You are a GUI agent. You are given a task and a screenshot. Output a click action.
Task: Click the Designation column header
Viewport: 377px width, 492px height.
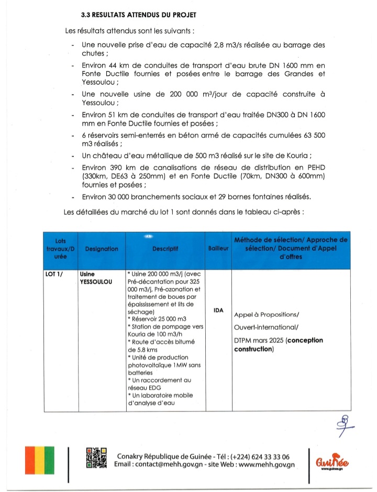point(101,249)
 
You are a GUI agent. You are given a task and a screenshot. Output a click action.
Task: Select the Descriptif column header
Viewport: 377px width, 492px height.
point(165,249)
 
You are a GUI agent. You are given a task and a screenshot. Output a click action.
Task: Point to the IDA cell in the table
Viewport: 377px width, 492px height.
point(219,310)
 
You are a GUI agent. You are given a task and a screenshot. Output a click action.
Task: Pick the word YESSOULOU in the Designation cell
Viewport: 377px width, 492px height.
point(97,281)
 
